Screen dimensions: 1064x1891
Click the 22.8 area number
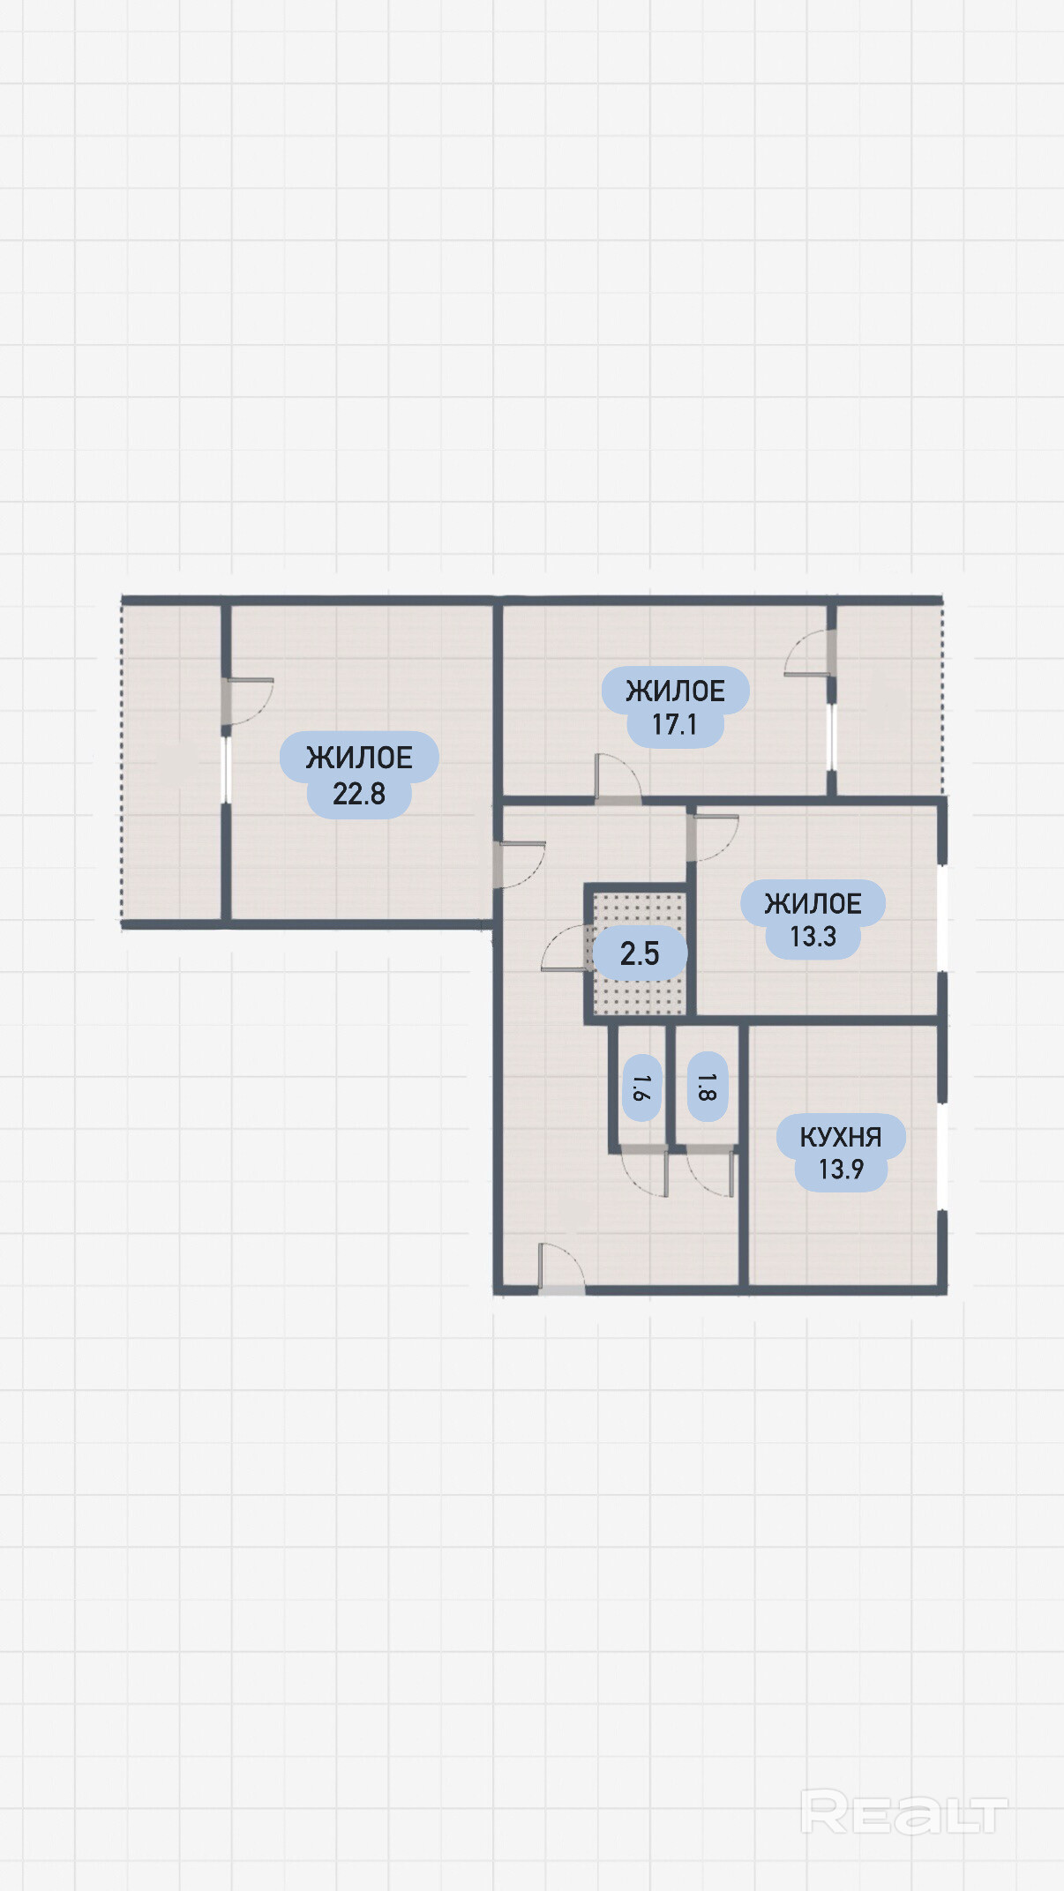click(359, 794)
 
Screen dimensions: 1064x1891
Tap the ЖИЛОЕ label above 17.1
click(675, 691)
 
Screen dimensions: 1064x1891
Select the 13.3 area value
click(813, 937)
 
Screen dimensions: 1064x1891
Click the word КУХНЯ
click(841, 1137)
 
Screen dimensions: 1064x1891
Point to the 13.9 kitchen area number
click(841, 1170)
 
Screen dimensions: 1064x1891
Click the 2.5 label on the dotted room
click(640, 953)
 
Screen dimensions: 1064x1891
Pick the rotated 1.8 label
click(707, 1088)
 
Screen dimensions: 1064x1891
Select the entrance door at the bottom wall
click(561, 1268)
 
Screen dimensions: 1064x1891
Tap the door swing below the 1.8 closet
click(710, 1172)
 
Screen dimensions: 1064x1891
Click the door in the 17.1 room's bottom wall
click(618, 779)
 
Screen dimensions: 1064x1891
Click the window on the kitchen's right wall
click(942, 1155)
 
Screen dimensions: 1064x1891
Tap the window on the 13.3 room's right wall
click(942, 917)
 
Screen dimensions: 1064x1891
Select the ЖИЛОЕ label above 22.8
click(359, 758)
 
